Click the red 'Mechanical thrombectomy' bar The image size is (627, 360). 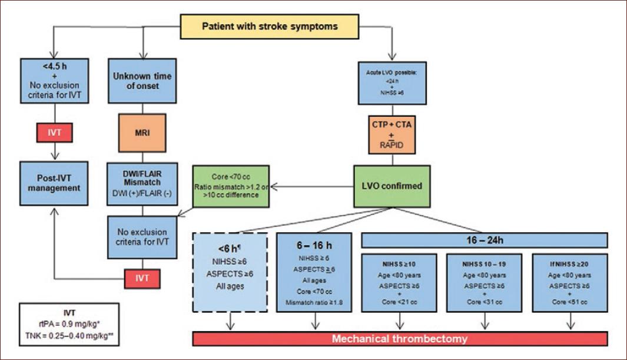tap(400, 339)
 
